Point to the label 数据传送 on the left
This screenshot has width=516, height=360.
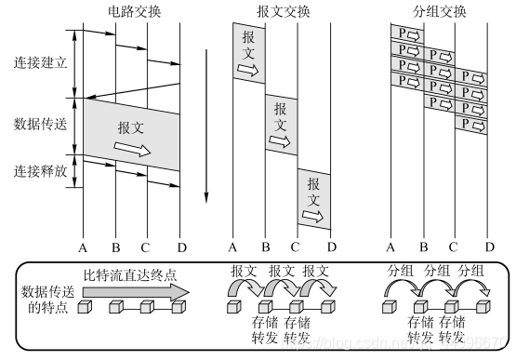[x=40, y=124]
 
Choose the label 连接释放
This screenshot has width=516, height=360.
[x=40, y=171]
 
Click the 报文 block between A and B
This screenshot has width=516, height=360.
[x=248, y=52]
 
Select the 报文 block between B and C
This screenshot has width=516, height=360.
[x=281, y=122]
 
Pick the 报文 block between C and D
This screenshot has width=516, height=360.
[x=313, y=198]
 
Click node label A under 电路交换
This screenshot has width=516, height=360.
[x=83, y=247]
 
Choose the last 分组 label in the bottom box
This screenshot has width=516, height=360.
[x=470, y=271]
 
